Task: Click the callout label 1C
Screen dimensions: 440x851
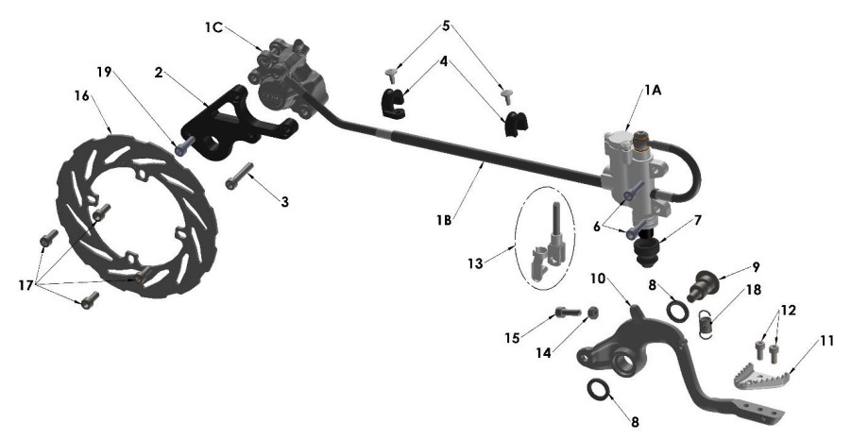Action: tap(214, 26)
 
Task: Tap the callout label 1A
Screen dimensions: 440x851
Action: tap(654, 91)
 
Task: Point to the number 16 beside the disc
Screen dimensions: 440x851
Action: tap(82, 96)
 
